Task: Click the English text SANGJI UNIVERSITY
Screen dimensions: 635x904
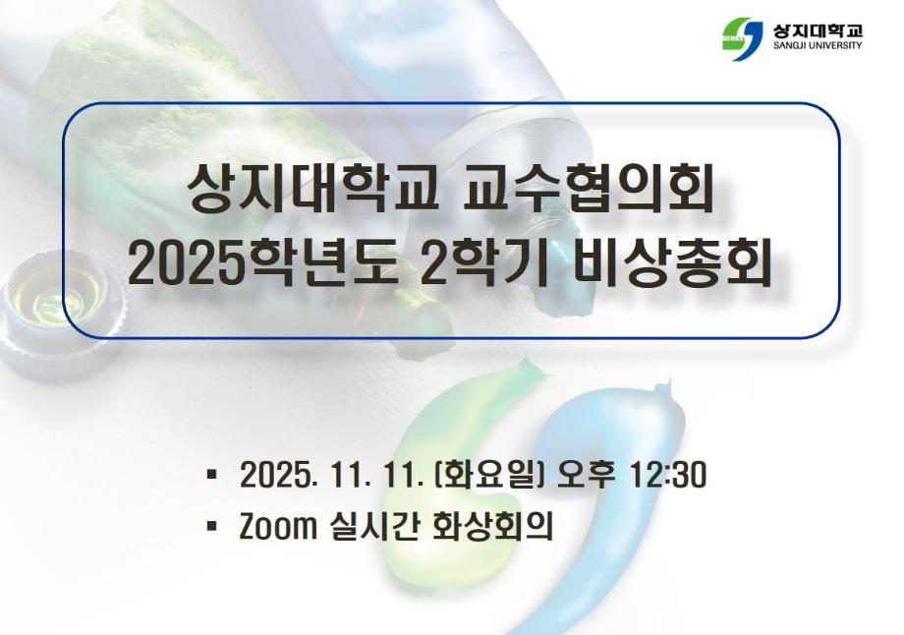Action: click(x=817, y=45)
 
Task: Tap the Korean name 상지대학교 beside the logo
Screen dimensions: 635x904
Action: click(x=817, y=27)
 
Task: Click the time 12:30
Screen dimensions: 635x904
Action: click(x=668, y=477)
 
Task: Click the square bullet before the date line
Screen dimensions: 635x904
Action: click(x=212, y=477)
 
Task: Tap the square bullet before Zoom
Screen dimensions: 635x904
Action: click(x=212, y=526)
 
